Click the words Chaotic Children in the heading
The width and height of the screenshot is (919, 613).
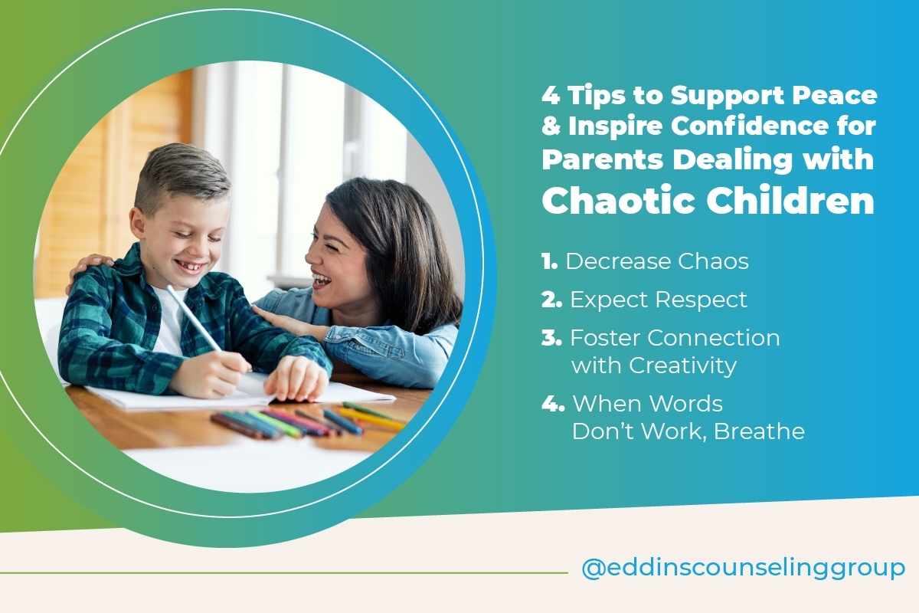(708, 200)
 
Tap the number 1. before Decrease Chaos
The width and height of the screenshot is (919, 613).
(549, 262)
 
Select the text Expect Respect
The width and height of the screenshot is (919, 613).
(658, 300)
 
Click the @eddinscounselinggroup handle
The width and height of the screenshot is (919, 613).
(743, 569)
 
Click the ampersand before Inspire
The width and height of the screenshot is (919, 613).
(550, 128)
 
